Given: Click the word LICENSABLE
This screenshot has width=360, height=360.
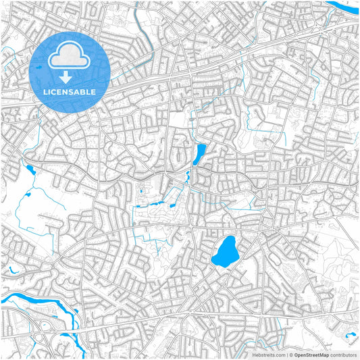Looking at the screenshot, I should [70, 92].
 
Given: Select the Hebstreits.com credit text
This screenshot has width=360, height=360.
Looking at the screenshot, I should [269, 354].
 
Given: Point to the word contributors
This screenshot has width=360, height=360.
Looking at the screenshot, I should [344, 354].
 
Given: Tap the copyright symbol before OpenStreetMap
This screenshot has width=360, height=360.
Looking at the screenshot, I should [291, 354].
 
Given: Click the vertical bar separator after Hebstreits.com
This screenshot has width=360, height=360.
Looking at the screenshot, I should [286, 354].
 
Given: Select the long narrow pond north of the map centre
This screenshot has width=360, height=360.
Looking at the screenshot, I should [199, 155].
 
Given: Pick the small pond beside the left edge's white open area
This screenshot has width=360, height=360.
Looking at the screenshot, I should [28, 168].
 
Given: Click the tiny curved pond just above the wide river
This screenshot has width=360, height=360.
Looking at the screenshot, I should [11, 271].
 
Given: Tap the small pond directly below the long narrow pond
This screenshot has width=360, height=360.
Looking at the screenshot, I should [188, 176].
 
